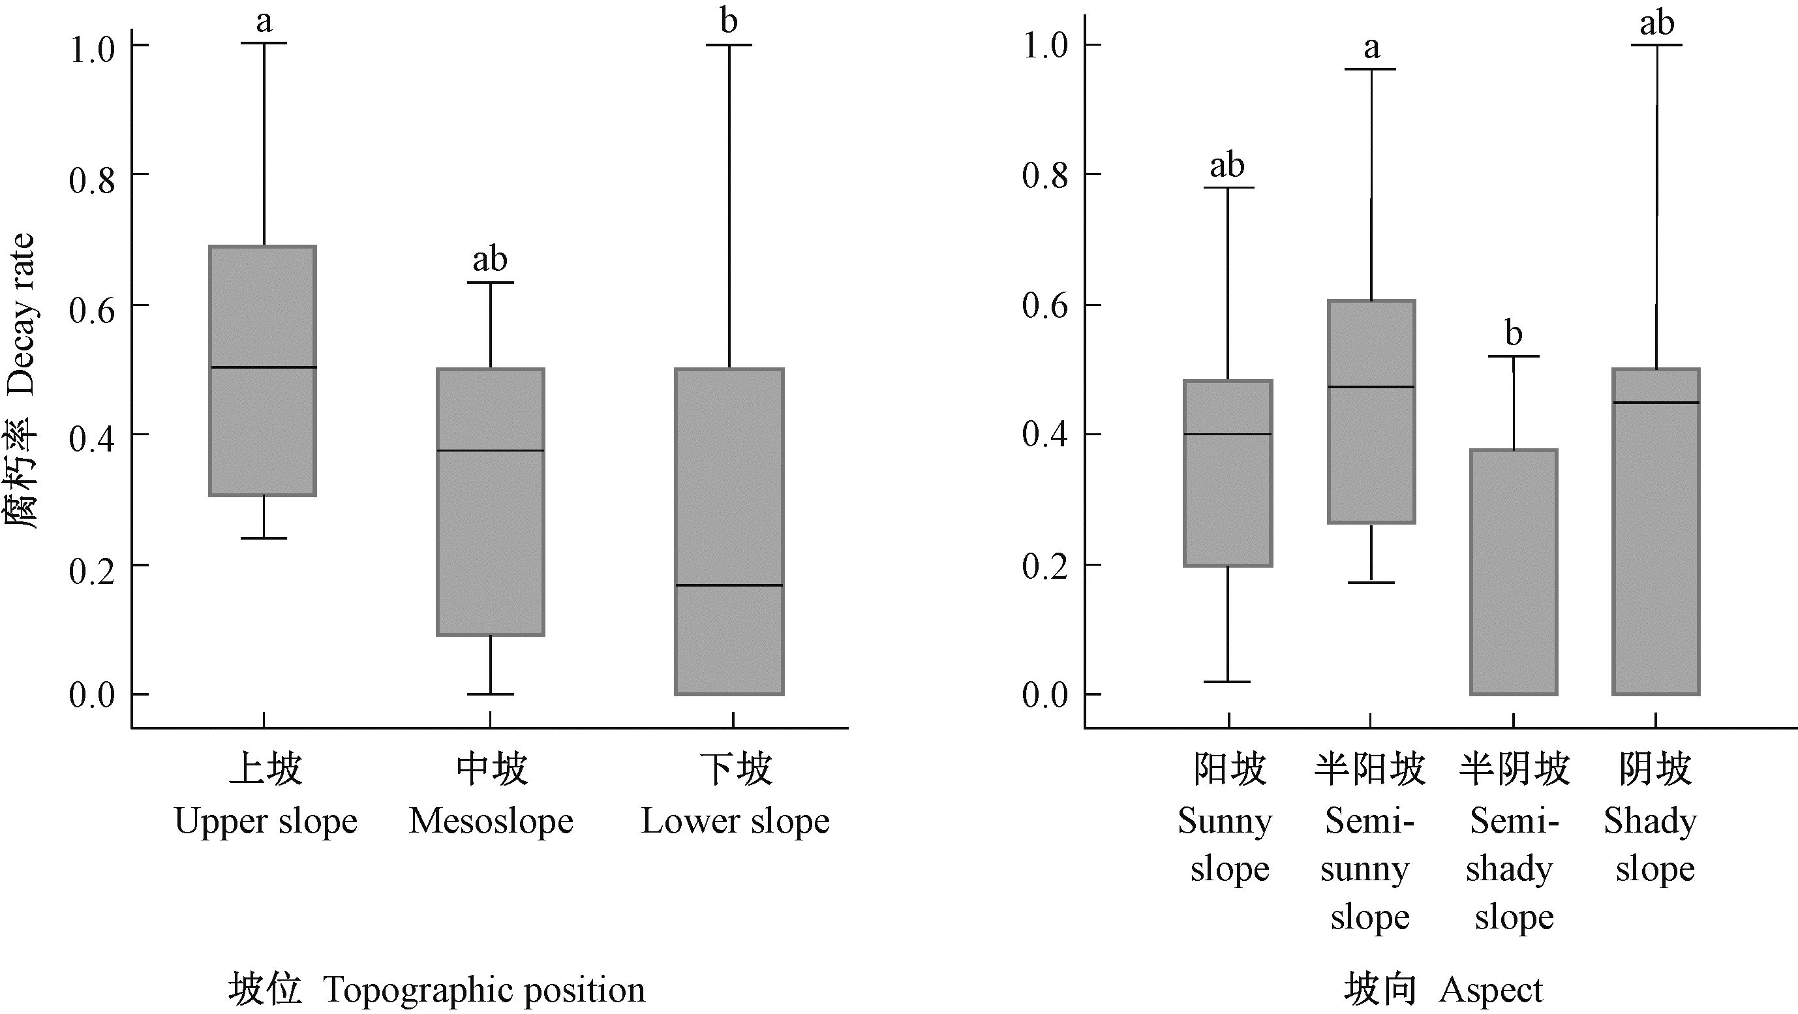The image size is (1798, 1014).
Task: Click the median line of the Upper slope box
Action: (263, 367)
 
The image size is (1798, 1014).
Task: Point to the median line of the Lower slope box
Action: (729, 585)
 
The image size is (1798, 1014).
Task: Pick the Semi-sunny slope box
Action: (1371, 453)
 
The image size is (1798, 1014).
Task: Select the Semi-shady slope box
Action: (1513, 572)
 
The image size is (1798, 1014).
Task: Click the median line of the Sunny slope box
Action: (1228, 434)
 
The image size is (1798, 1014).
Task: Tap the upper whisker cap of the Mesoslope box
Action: (490, 283)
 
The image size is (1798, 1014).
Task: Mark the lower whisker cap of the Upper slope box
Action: (263, 538)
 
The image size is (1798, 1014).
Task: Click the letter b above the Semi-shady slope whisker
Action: (1513, 333)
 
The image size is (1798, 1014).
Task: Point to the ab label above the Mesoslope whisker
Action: (489, 260)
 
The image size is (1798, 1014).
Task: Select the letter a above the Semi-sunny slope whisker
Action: (1371, 48)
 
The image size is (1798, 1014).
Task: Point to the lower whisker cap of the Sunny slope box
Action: (1228, 681)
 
